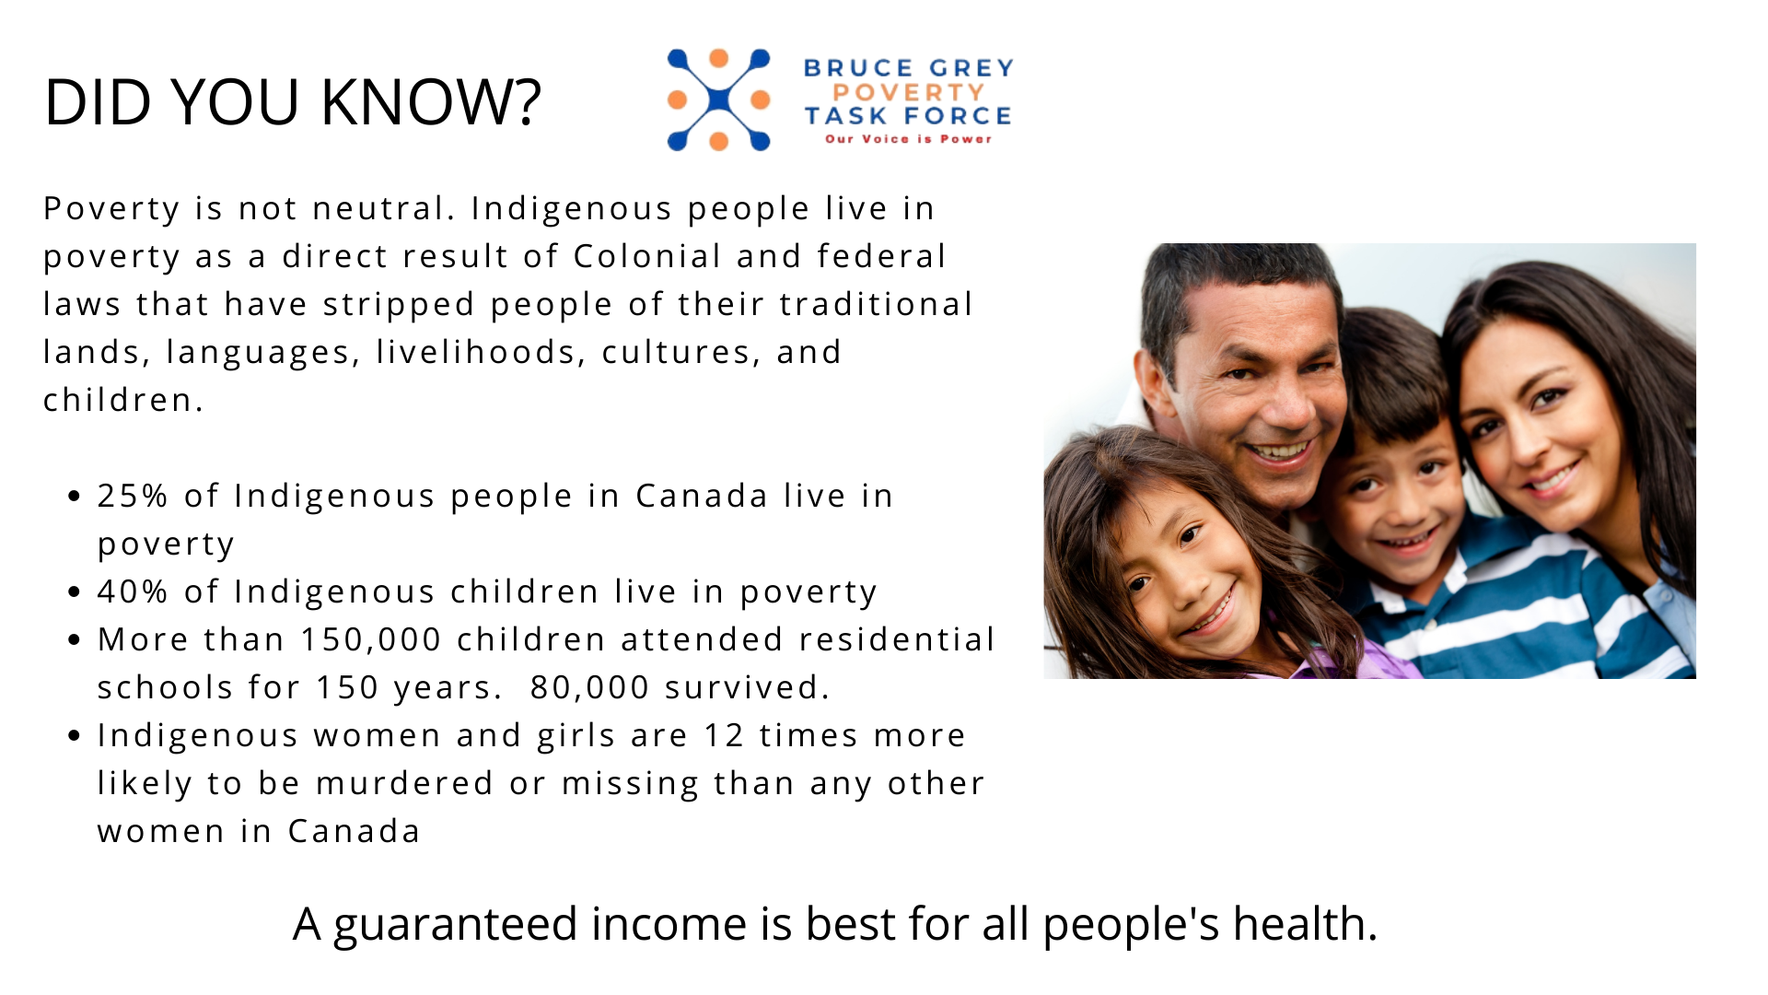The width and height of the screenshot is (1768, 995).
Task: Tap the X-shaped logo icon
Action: (x=718, y=99)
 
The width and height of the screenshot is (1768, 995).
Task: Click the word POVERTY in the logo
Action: (x=908, y=92)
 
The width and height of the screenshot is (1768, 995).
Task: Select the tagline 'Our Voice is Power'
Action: (x=908, y=139)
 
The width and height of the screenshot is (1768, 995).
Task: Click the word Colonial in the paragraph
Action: (x=647, y=256)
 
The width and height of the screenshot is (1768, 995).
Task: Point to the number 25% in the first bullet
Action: (x=133, y=496)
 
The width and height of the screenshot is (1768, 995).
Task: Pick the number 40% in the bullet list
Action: (x=133, y=591)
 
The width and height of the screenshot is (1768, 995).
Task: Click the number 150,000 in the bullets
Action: (x=371, y=639)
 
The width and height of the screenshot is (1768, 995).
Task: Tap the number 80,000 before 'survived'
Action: (x=589, y=687)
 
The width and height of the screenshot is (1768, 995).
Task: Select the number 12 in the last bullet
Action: (x=724, y=735)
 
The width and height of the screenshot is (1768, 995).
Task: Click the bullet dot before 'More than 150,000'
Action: (x=76, y=639)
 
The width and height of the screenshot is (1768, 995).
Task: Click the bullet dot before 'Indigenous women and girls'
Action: (x=76, y=735)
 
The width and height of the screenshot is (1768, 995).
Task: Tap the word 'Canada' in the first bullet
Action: (x=702, y=496)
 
